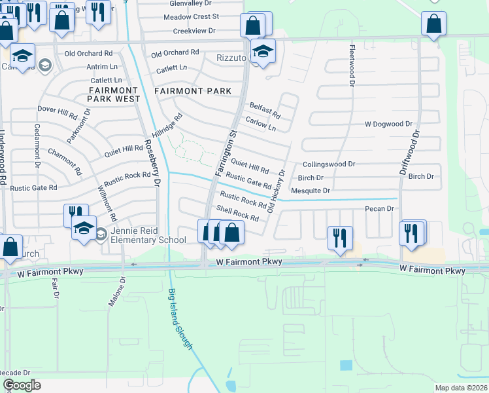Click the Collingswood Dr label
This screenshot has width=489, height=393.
coord(328,164)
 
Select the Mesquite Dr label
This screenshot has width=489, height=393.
coord(309,191)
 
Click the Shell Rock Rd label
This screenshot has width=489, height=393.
coord(237,213)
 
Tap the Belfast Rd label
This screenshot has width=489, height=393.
coord(264,109)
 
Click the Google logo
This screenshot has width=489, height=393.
coord(22,385)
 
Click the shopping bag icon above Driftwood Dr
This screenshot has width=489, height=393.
coord(433,25)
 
